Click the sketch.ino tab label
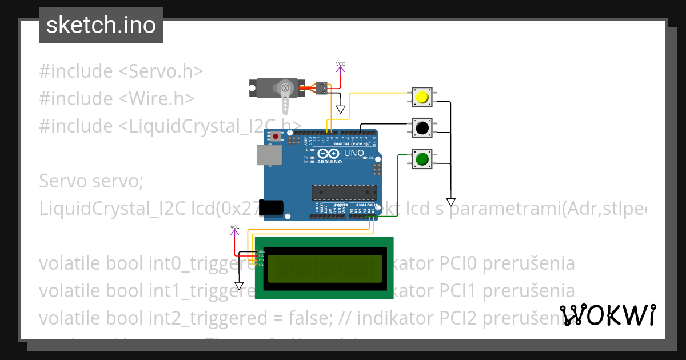[x=101, y=25]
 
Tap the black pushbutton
[x=422, y=129]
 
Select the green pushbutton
[x=422, y=159]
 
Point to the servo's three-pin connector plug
[x=322, y=88]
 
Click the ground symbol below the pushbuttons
[x=450, y=202]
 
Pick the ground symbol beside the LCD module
[x=239, y=285]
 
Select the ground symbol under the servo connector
[x=341, y=109]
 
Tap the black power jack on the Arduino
[x=270, y=207]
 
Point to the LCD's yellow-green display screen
[x=324, y=268]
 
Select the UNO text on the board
[x=353, y=153]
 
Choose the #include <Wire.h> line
[x=117, y=98]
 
